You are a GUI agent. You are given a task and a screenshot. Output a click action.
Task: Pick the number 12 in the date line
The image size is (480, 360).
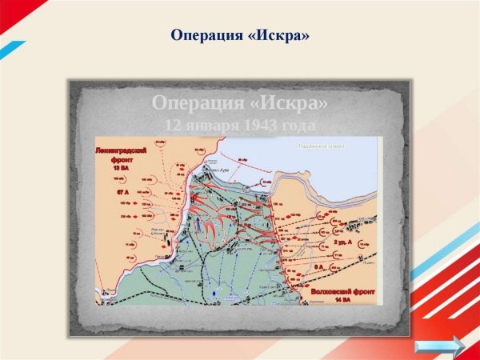coord(173,126)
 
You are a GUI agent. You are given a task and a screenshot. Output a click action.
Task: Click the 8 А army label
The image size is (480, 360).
coord(318,266)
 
